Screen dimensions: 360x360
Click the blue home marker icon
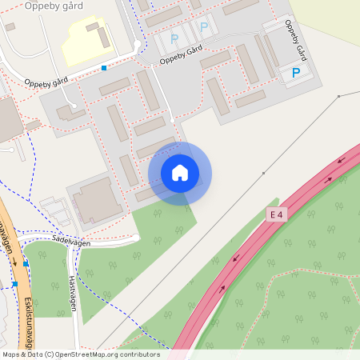(x=180, y=173)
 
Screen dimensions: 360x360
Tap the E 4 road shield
(x=277, y=214)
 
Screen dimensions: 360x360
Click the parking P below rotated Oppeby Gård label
(x=296, y=74)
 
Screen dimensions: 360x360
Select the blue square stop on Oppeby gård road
(x=104, y=68)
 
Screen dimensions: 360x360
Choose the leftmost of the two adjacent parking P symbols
(x=174, y=38)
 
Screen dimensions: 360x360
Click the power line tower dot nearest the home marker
(x=263, y=173)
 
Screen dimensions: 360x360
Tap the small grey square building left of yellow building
(x=10, y=26)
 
